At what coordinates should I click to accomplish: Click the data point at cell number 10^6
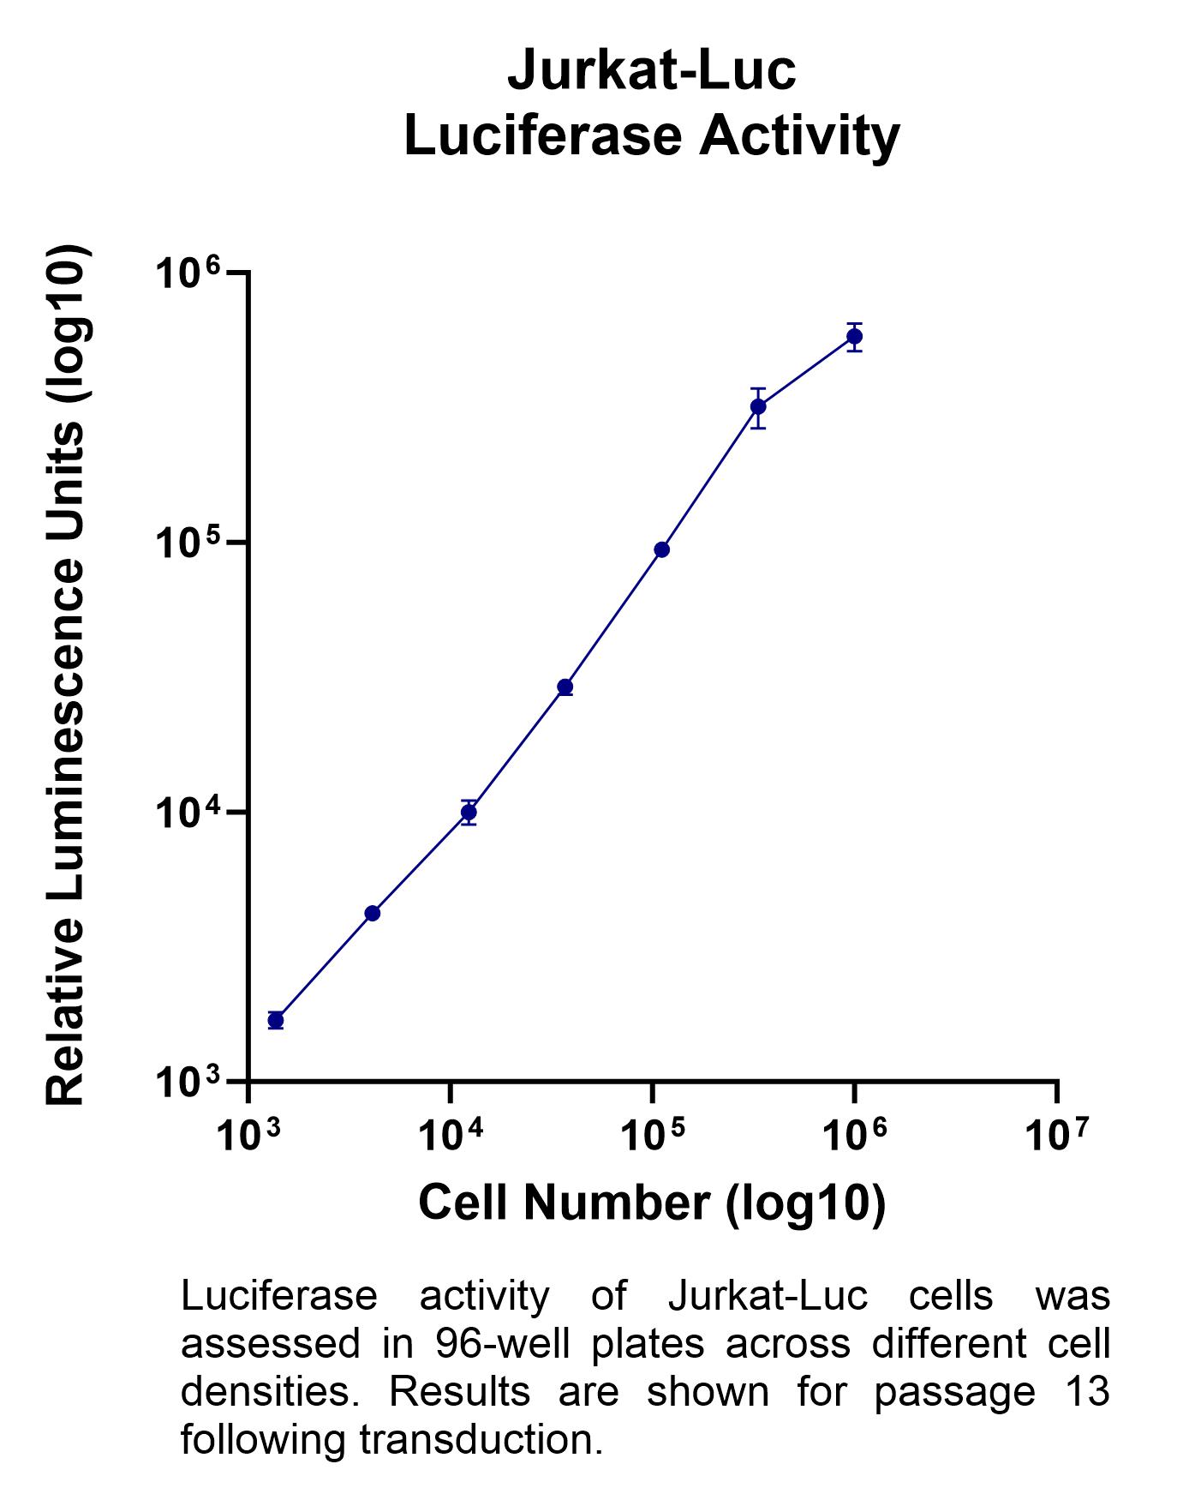(x=854, y=336)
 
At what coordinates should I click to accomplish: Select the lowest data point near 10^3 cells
(x=275, y=1020)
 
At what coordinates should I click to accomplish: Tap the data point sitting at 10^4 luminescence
(x=469, y=812)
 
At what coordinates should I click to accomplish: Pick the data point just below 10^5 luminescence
(x=661, y=549)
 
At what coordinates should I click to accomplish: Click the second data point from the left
(x=372, y=913)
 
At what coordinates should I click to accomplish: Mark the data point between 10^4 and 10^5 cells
(x=565, y=687)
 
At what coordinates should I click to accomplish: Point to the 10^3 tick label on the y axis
(x=188, y=1083)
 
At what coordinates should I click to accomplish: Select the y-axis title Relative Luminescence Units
(x=67, y=677)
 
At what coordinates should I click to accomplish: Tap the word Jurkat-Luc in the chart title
(x=652, y=70)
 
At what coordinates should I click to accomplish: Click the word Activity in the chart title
(x=799, y=136)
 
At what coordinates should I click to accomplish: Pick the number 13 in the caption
(x=1090, y=1391)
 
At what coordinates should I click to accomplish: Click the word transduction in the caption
(x=481, y=1439)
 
